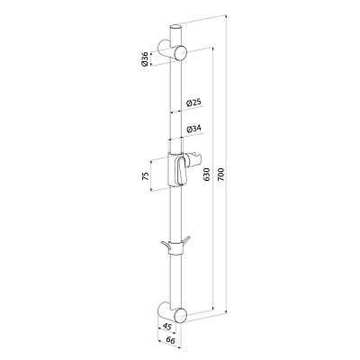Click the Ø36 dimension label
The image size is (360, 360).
[x=145, y=59]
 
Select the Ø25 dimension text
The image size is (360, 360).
[x=193, y=103]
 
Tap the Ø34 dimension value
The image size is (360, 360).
[x=193, y=129]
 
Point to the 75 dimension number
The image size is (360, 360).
[x=145, y=176]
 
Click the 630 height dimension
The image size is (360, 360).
[x=206, y=175]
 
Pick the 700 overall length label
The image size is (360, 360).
[x=221, y=175]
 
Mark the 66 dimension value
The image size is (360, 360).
[x=169, y=340]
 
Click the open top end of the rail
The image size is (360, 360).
[x=176, y=27]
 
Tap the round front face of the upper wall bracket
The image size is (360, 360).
[x=182, y=54]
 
